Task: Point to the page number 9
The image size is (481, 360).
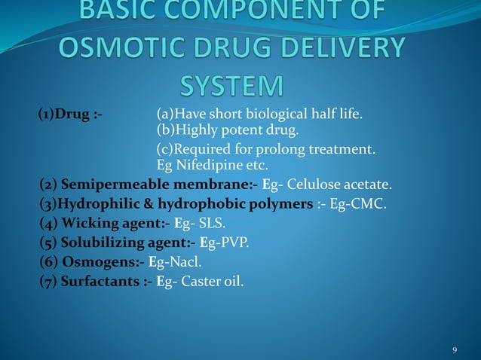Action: (455, 350)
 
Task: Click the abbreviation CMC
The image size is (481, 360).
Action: (373, 204)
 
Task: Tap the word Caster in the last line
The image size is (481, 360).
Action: (202, 282)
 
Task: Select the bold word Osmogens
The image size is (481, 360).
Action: (98, 263)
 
